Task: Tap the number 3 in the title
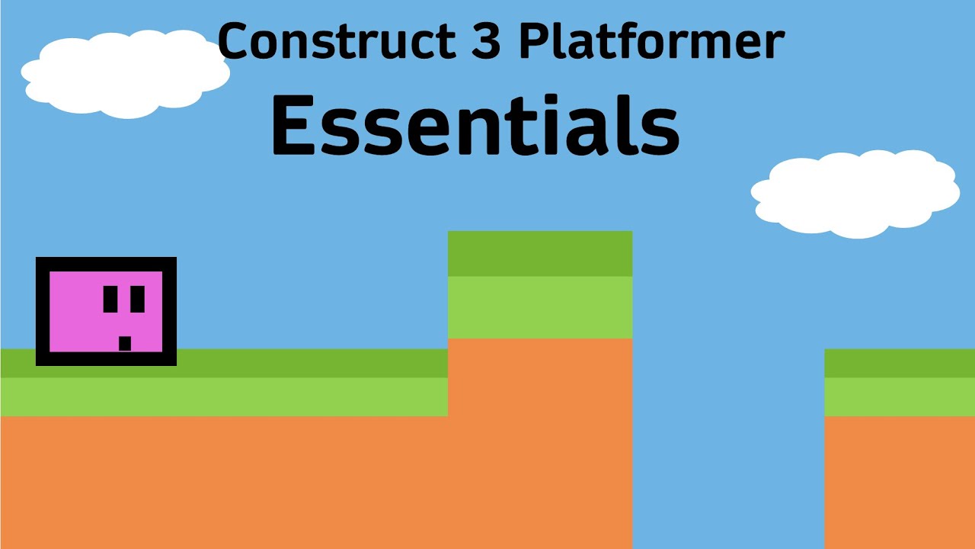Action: click(x=484, y=42)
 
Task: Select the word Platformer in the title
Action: click(x=651, y=42)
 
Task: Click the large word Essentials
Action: click(x=475, y=126)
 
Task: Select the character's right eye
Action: click(x=137, y=299)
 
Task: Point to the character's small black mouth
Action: click(x=125, y=343)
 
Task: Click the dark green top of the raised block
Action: click(x=540, y=253)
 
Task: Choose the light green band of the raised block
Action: click(x=540, y=307)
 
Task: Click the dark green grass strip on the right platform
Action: click(x=900, y=363)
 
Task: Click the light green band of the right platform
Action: click(x=900, y=396)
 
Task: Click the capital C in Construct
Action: click(x=233, y=42)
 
